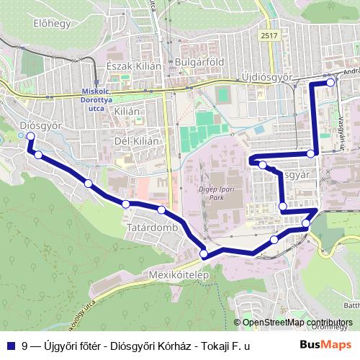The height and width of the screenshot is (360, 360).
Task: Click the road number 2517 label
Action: click(269, 35)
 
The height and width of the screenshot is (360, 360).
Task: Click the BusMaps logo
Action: click(325, 346)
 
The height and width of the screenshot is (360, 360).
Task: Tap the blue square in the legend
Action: click(11, 346)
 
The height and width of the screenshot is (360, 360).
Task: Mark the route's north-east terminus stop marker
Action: click(330, 82)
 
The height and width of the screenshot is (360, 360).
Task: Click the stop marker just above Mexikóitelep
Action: click(204, 253)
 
